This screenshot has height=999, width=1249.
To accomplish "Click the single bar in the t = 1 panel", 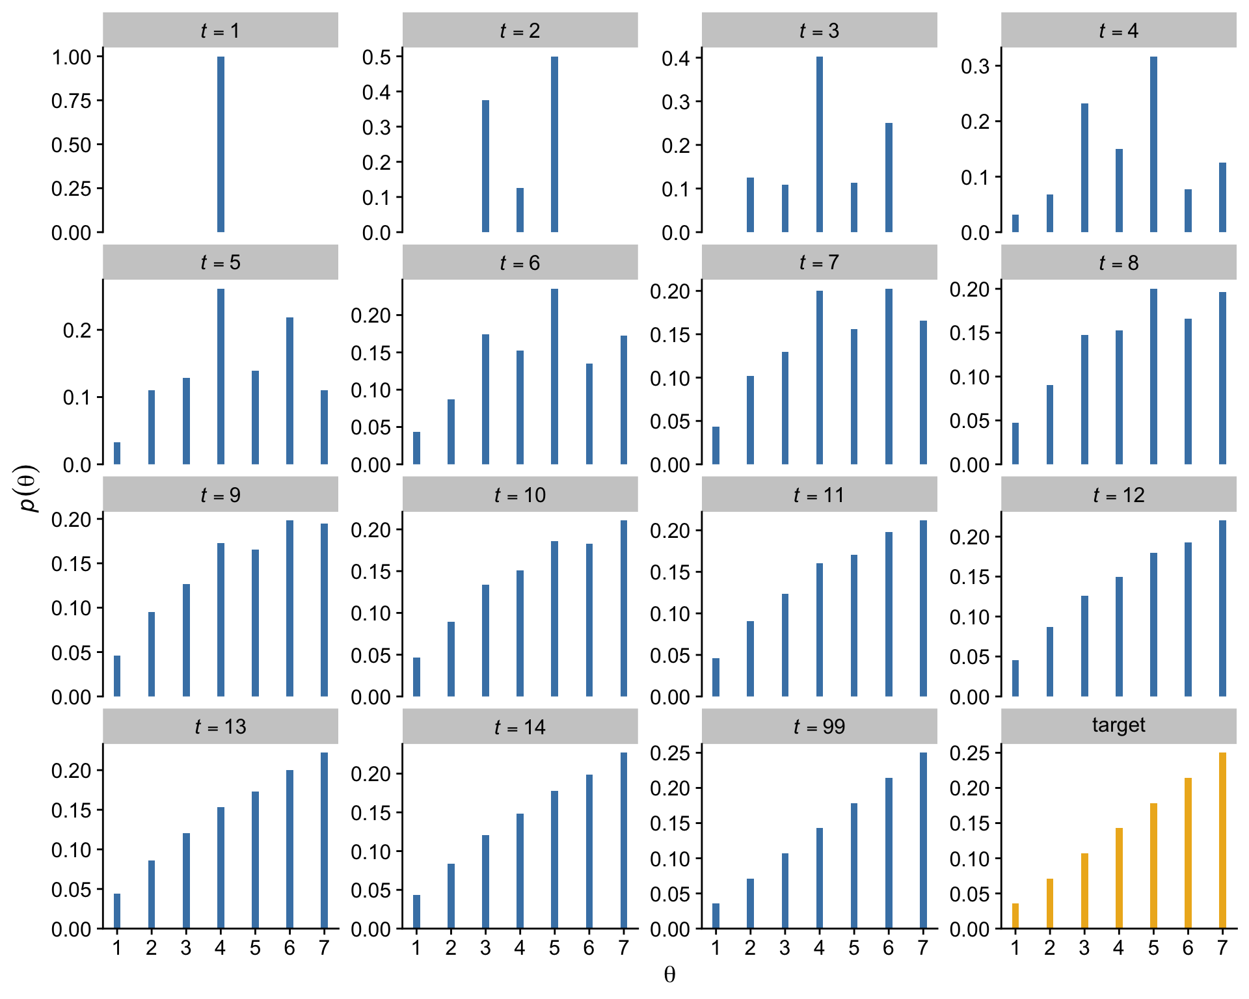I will [221, 144].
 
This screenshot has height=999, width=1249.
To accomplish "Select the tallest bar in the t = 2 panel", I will [554, 144].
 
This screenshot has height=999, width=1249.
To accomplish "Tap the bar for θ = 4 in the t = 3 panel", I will [819, 144].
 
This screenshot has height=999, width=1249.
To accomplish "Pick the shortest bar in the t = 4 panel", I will [1015, 223].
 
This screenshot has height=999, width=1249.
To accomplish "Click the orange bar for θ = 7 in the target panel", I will [1222, 840].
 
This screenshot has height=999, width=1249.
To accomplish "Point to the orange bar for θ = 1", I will [1015, 916].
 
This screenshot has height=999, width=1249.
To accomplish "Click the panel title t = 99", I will [819, 726].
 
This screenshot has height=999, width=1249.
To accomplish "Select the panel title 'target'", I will [1118, 725].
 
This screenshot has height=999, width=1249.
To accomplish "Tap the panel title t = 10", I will [520, 495].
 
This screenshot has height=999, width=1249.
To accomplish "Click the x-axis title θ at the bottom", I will [669, 974].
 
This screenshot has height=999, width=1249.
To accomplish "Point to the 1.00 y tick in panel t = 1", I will [72, 57].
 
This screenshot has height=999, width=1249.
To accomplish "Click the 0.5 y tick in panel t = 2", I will [377, 57].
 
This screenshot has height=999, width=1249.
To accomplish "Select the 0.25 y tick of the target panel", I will [969, 753].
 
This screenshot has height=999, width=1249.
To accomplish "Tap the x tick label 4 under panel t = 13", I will [221, 948].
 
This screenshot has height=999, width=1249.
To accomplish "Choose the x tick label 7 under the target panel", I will [1222, 948].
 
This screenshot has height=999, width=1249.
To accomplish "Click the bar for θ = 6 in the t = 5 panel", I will [289, 390].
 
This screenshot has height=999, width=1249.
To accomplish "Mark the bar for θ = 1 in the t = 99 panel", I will [716, 916].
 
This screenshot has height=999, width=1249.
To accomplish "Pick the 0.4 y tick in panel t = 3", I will [676, 59].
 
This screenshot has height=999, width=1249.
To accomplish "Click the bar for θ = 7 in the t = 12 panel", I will [1222, 608].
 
